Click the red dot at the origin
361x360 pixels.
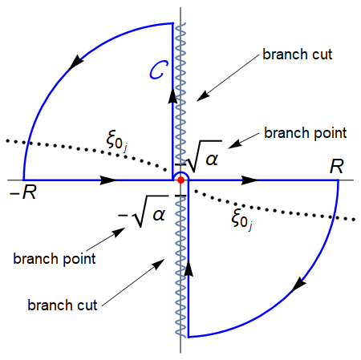coord(180,181)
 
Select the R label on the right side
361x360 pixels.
coord(338,167)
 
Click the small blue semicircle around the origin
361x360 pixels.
coord(180,173)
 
